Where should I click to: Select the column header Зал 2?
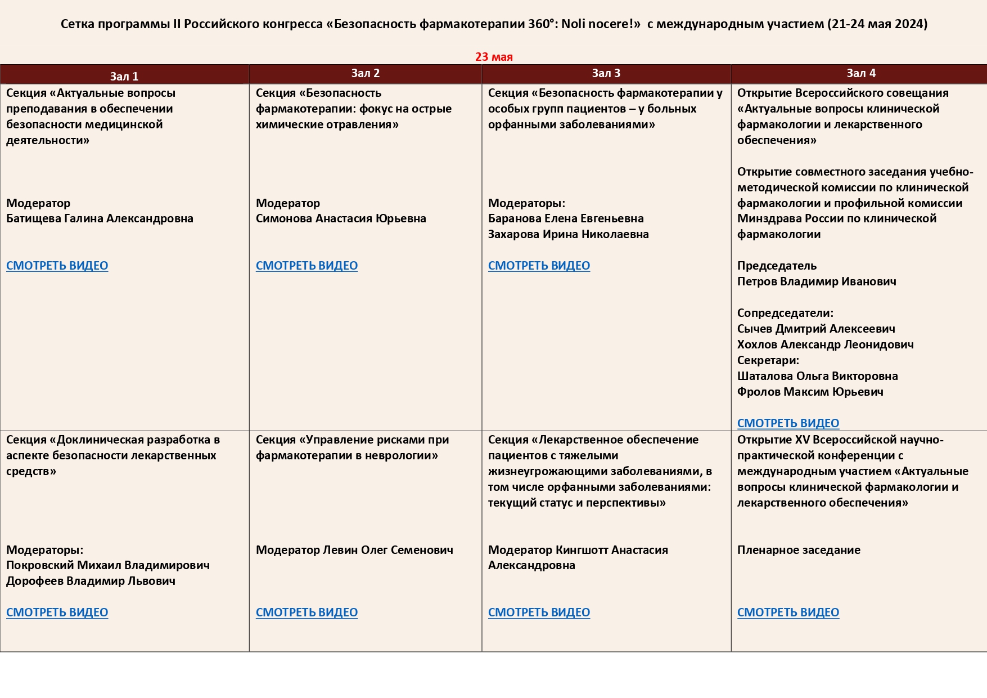click(x=366, y=73)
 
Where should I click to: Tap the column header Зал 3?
click(x=606, y=73)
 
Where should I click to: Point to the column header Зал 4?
click(x=861, y=73)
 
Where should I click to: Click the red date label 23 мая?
click(x=494, y=57)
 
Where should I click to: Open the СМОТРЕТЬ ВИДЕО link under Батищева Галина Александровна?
click(x=57, y=266)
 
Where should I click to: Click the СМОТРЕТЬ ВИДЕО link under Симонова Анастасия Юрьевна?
click(x=307, y=266)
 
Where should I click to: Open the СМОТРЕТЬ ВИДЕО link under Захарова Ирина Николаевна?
click(x=539, y=266)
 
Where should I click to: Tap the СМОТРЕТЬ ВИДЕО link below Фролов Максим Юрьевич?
click(x=788, y=423)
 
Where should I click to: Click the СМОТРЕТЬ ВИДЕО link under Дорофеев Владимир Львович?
click(x=57, y=612)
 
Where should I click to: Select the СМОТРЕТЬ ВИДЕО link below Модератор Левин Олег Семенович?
click(x=307, y=612)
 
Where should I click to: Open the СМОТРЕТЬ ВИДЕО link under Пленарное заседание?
click(x=788, y=612)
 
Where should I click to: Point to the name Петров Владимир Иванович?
click(x=817, y=281)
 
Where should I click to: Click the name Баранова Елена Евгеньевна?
click(x=566, y=218)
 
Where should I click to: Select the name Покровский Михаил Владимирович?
click(x=108, y=565)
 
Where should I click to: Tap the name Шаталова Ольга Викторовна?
click(x=817, y=376)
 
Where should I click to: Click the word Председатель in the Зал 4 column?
click(x=777, y=266)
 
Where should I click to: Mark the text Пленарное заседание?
click(x=799, y=550)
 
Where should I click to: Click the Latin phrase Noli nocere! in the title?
click(x=601, y=24)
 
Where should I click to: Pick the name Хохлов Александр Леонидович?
click(x=825, y=344)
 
